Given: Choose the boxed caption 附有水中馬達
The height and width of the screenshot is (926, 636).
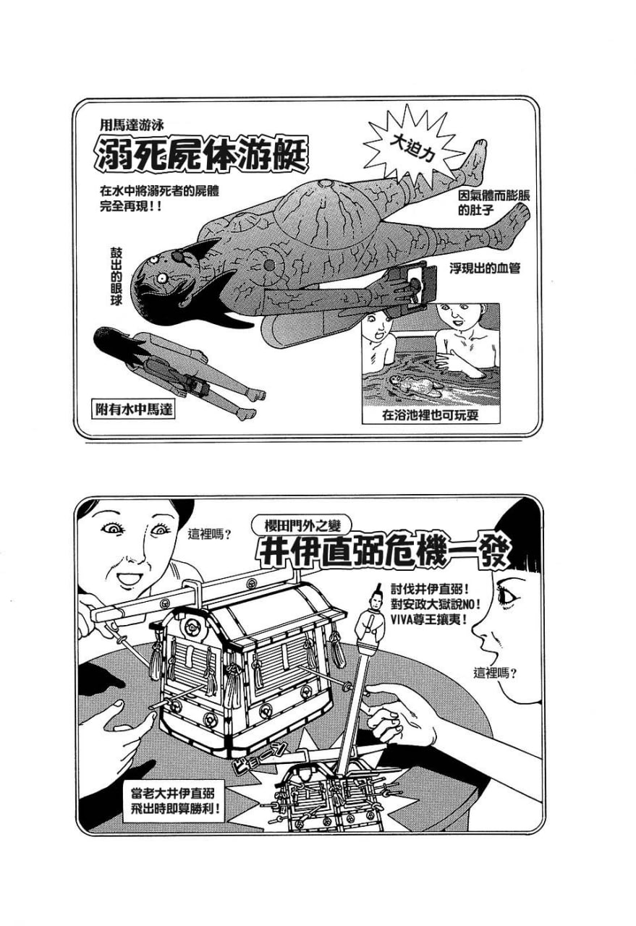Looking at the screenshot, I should click(134, 409).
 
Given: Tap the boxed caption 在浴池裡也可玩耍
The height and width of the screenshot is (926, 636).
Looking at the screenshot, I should click(431, 416).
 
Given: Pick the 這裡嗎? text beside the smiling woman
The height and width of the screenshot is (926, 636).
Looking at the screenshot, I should click(209, 535).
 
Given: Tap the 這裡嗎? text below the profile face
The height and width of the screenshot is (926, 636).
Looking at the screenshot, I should click(495, 672).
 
